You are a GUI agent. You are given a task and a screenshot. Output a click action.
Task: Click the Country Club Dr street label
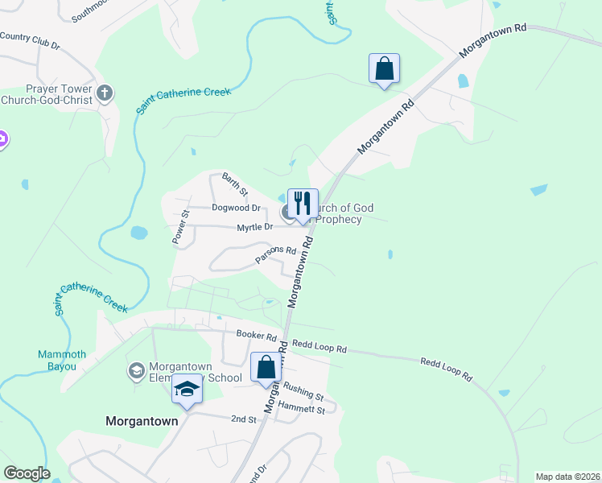click(x=30, y=40)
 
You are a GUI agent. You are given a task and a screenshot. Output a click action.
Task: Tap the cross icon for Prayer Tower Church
click(x=104, y=93)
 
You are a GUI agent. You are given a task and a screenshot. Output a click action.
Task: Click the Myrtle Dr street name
click(x=256, y=228)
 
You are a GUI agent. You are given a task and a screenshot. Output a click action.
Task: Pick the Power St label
click(x=179, y=227)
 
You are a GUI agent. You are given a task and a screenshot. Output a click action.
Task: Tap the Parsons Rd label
click(x=276, y=254)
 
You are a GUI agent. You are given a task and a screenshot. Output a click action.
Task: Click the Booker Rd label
click(x=256, y=336)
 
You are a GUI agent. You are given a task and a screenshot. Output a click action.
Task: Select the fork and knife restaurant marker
click(x=303, y=203)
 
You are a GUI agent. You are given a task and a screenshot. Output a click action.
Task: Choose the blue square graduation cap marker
click(x=187, y=390)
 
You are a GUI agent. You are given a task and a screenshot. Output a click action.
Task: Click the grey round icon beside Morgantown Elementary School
click(x=136, y=371)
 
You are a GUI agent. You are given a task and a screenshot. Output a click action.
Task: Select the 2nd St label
click(x=243, y=419)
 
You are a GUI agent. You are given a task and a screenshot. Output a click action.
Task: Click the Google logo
click(x=27, y=473)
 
